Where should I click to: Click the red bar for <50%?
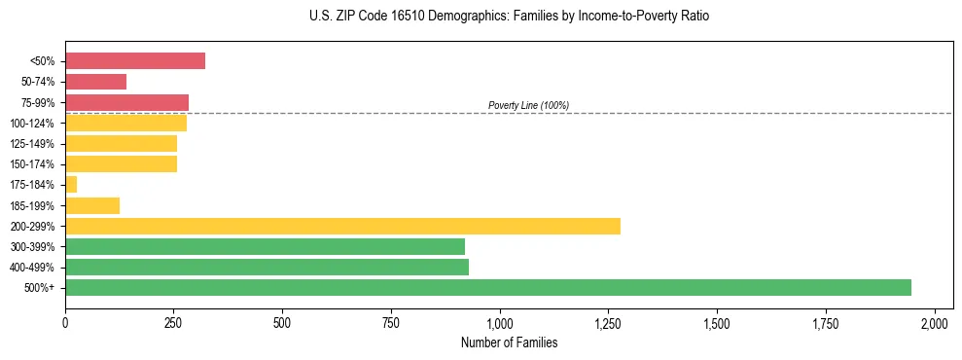click(x=135, y=61)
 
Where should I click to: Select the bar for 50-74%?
click(x=95, y=82)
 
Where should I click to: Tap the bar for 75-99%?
click(x=126, y=102)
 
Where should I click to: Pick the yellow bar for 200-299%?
click(x=342, y=226)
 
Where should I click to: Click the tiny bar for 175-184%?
click(x=71, y=185)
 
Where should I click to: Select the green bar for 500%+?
click(x=487, y=287)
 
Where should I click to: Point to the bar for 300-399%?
click(x=265, y=246)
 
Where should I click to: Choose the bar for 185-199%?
click(x=92, y=205)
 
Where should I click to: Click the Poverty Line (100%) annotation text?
click(x=528, y=105)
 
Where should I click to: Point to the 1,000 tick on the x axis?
click(x=500, y=322)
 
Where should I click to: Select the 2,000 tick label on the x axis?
click(x=934, y=322)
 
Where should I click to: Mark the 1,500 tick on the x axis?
click(x=717, y=322)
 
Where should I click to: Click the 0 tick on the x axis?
click(x=65, y=322)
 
